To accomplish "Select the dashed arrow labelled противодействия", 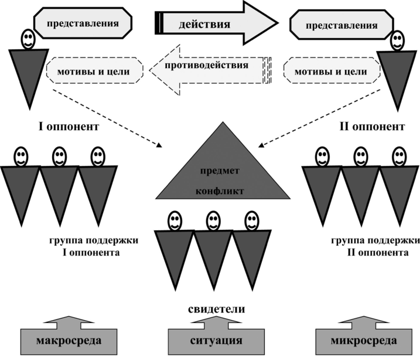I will pos(208,70).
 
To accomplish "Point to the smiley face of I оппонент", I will pos(28,40).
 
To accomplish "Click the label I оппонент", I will pos(64,126).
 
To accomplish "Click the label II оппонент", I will pos(371,126).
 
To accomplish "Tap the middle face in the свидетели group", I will pos(213,220).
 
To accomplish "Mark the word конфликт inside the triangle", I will pos(224,191).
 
